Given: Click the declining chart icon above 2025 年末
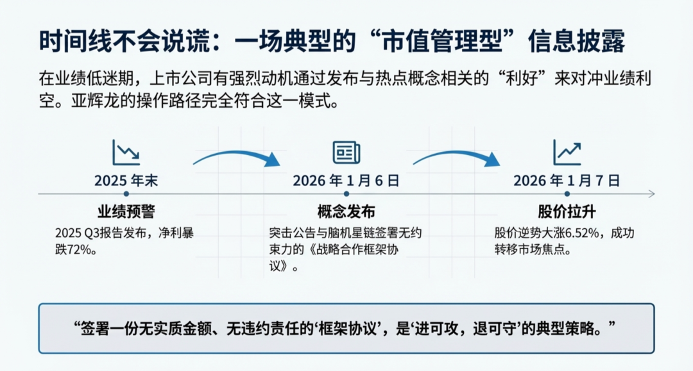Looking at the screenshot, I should pyautogui.click(x=126, y=153).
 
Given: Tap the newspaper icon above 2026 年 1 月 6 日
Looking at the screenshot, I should pyautogui.click(x=346, y=153).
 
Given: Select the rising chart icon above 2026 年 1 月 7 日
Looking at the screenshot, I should pyautogui.click(x=567, y=153).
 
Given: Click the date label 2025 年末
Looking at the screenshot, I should pyautogui.click(x=126, y=181).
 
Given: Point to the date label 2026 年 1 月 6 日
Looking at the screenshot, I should pyautogui.click(x=346, y=181).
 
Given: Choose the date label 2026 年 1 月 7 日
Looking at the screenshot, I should pyautogui.click(x=567, y=181).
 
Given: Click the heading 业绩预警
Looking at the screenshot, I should pyautogui.click(x=126, y=213).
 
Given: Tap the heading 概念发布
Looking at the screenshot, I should pyautogui.click(x=346, y=213).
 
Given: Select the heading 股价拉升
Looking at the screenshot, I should pyautogui.click(x=567, y=213).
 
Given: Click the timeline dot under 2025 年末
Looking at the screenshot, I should pyautogui.click(x=126, y=194).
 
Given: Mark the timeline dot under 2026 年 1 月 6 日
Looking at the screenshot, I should pyautogui.click(x=346, y=194).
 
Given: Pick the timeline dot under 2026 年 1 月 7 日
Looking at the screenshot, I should pyautogui.click(x=567, y=194).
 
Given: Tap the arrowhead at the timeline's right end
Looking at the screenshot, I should pyautogui.click(x=651, y=194).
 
